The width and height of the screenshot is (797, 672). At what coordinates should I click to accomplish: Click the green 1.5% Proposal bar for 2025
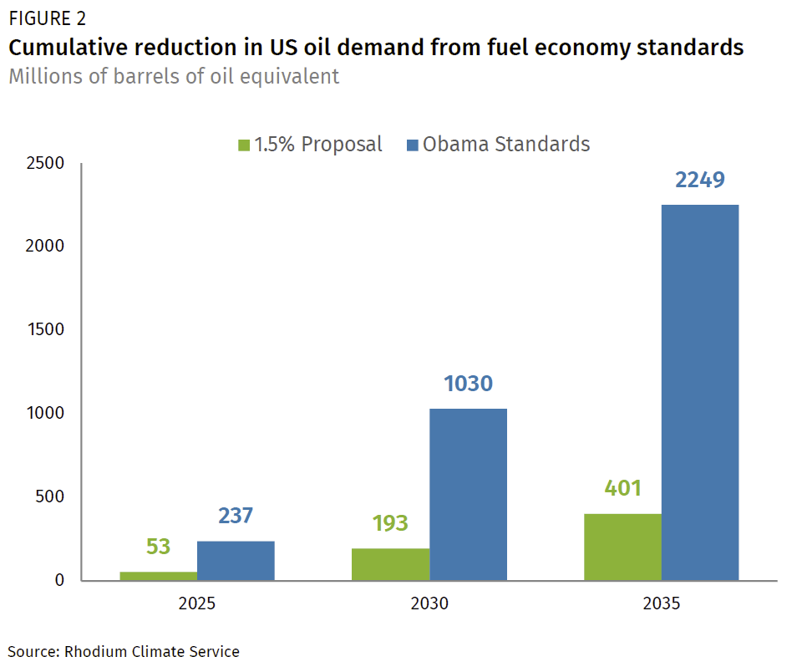[159, 576]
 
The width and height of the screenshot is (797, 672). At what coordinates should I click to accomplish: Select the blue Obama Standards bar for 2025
[236, 561]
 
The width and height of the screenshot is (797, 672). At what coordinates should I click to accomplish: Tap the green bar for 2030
[390, 564]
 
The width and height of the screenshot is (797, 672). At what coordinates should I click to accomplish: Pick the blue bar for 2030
[468, 494]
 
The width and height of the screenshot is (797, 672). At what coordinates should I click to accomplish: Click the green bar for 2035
[622, 547]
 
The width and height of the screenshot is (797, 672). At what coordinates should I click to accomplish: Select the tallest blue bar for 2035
[700, 392]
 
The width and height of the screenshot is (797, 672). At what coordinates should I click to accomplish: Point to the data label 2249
[700, 181]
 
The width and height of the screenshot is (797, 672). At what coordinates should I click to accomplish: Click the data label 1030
[468, 384]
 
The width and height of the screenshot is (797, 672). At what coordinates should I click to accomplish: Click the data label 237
[236, 517]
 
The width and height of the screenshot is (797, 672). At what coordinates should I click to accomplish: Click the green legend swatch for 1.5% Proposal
[244, 145]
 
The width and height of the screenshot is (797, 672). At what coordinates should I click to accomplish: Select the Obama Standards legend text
[506, 145]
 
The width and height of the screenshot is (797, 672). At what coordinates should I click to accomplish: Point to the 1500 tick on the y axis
[48, 330]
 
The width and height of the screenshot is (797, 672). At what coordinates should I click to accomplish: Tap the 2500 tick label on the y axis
[48, 163]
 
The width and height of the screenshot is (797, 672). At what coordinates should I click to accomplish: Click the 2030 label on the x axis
[429, 603]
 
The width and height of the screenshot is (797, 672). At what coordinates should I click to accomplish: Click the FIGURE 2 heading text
[47, 18]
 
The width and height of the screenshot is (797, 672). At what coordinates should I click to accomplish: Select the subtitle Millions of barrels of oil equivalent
[174, 77]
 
